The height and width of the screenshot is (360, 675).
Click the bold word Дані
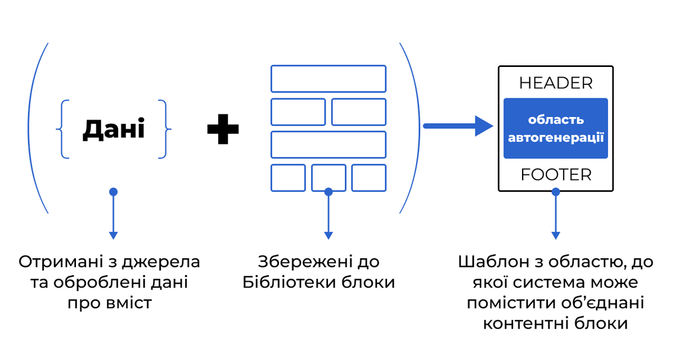(x=114, y=129)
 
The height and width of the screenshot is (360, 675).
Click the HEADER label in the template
(x=556, y=83)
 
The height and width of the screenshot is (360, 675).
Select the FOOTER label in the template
(x=556, y=175)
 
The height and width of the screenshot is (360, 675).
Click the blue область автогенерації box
(x=556, y=128)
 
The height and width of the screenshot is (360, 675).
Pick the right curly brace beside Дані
(x=164, y=129)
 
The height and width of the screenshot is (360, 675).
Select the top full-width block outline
(x=328, y=79)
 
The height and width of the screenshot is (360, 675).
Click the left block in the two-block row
(x=298, y=112)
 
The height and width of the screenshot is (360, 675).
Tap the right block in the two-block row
(x=358, y=112)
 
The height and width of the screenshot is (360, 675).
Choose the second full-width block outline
(x=328, y=145)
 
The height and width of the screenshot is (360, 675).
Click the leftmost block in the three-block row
(x=288, y=178)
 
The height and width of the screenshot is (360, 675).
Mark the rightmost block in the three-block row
(x=369, y=178)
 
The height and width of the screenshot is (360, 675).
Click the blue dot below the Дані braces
(x=113, y=192)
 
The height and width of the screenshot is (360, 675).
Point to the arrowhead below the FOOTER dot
(x=556, y=236)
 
